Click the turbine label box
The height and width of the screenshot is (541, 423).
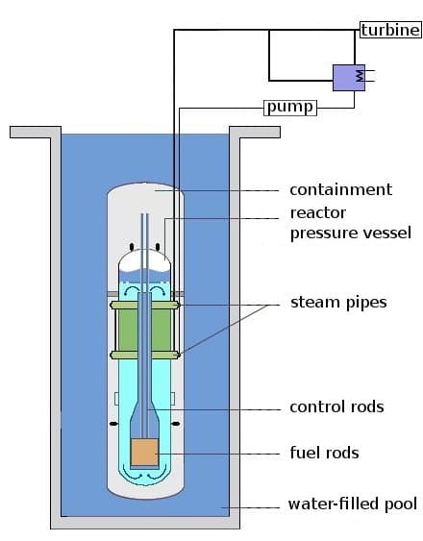coord(390,30)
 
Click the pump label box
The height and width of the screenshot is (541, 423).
coord(289,107)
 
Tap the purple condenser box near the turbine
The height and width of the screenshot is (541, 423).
coord(348,77)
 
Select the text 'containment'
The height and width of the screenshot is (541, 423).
coord(340,189)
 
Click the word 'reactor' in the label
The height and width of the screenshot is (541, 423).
coord(317,212)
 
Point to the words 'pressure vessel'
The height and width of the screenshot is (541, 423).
coord(350,233)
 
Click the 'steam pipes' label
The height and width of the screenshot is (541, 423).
coord(338,303)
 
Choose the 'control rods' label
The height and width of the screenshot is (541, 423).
coord(336,406)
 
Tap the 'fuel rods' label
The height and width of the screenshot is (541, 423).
coord(324,452)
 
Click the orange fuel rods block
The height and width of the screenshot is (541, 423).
coord(145,453)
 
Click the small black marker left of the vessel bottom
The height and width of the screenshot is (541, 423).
coord(114,424)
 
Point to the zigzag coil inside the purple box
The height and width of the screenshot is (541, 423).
coord(359,73)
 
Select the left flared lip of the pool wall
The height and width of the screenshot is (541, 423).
coord(29,133)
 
